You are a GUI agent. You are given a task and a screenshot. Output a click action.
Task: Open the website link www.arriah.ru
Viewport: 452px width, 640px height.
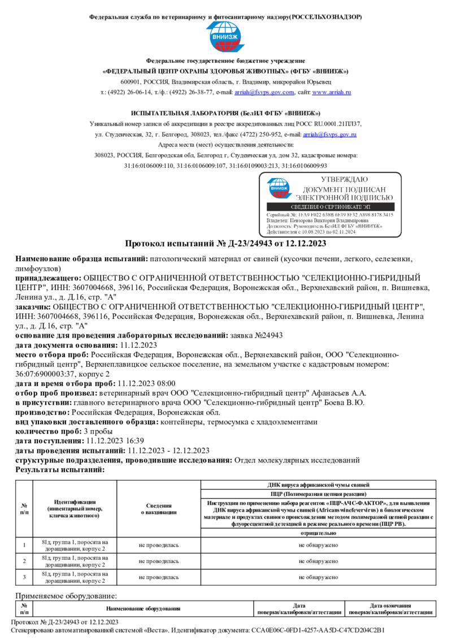coord(332,92)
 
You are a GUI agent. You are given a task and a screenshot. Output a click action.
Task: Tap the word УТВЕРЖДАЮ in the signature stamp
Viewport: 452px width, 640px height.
coord(344,179)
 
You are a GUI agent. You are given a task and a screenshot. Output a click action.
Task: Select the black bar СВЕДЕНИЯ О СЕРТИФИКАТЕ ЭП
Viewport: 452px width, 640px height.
coord(330,207)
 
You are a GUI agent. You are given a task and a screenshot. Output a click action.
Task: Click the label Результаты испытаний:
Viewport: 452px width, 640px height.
coord(60,469)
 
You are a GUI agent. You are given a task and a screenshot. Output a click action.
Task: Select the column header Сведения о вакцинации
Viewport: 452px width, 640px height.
coord(158,508)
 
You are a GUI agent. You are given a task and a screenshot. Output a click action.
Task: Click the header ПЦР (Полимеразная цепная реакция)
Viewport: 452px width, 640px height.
coord(319,494)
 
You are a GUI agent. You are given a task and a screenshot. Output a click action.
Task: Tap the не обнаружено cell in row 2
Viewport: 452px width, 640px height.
coord(319,561)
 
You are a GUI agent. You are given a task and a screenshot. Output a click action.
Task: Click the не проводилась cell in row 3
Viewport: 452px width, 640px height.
coord(158,577)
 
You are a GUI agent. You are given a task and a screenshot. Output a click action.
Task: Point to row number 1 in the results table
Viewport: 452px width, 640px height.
coord(24,545)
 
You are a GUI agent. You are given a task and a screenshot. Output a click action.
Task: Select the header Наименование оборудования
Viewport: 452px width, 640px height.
coord(143,608)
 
